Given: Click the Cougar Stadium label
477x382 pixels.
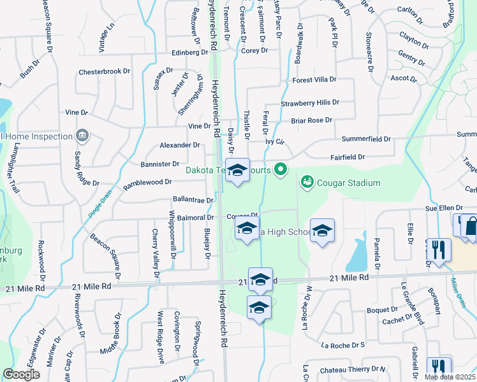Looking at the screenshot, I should point(348,183).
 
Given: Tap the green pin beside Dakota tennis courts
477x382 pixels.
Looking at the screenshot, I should point(279,169).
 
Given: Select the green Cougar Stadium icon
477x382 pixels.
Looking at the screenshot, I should point(307,183).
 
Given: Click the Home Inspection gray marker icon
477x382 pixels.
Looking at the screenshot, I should point(82,136).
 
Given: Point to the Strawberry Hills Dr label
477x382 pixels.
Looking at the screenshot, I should point(310,103).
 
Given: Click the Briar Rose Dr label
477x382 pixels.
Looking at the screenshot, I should point(312,120).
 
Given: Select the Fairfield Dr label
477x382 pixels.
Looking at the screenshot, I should point(348,157).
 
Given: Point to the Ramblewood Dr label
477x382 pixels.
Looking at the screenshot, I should point(147,183).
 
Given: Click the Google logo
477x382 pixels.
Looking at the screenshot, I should point(21,374).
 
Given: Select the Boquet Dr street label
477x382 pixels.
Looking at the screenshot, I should point(365,310).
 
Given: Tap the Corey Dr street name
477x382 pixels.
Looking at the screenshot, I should point(255,50).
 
